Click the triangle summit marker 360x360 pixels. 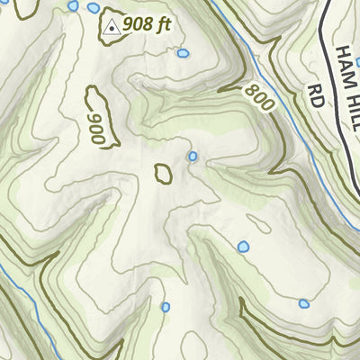112,27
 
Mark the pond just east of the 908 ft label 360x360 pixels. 183,54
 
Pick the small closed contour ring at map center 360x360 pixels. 164,172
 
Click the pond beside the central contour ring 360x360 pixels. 193,157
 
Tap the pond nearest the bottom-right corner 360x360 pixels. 304,303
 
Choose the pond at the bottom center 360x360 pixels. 165,307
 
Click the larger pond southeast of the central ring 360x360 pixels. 242,247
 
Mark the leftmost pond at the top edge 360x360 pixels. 73,5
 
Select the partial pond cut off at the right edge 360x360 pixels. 356,62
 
